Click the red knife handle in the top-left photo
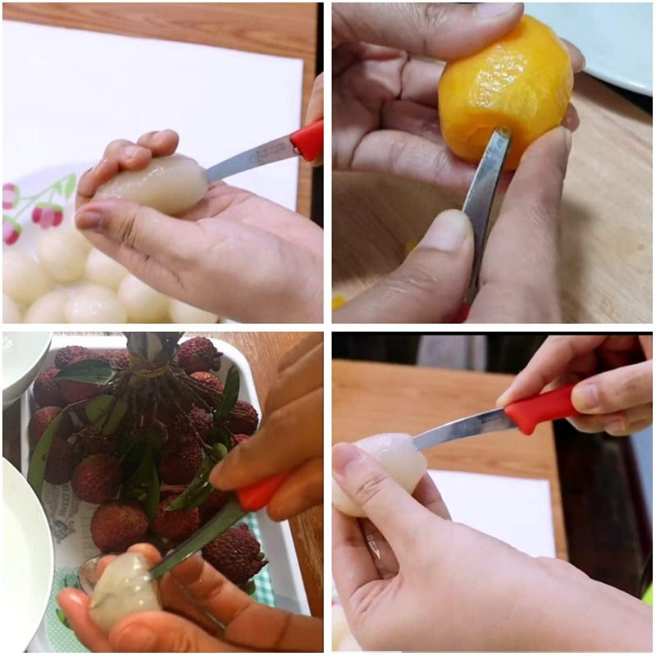coord(307,140)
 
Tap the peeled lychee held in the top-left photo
coord(155,184)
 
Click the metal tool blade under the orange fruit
coord(484,197)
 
